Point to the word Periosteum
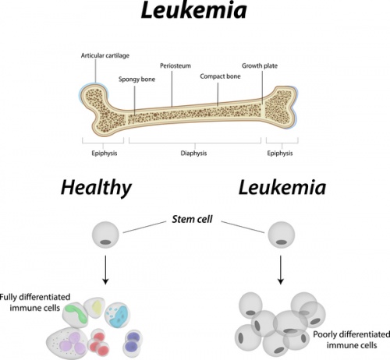pos(175,66)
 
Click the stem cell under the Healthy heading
pos(105,235)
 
